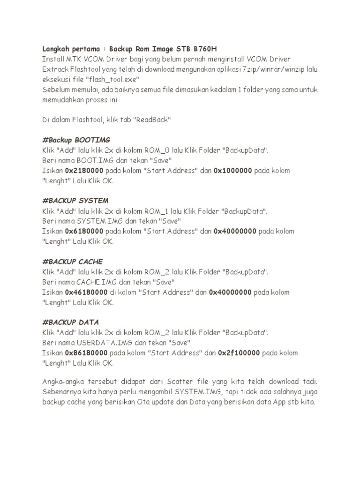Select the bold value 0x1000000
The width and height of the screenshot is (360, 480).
233,171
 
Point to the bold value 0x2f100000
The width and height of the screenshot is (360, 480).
240,352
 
